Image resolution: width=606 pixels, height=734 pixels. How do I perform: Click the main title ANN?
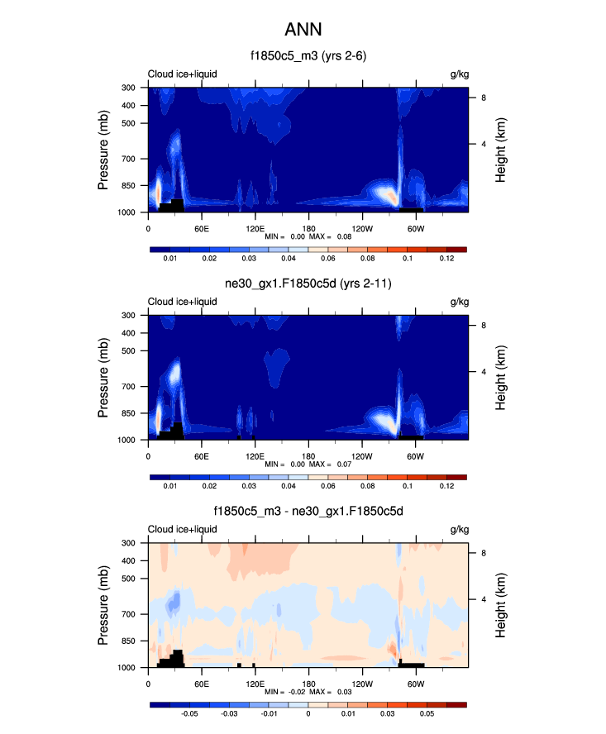pos(303,30)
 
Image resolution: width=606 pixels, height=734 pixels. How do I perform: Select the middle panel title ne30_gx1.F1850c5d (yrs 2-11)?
pos(308,285)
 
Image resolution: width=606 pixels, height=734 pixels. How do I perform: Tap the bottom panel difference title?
pos(308,512)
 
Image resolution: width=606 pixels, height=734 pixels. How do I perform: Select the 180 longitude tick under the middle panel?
pos(308,455)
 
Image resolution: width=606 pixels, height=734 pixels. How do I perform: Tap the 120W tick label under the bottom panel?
pos(361,684)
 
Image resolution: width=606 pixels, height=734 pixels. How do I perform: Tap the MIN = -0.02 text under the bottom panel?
pos(283,693)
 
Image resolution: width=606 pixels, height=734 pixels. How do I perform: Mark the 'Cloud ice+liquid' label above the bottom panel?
pos(182,530)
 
